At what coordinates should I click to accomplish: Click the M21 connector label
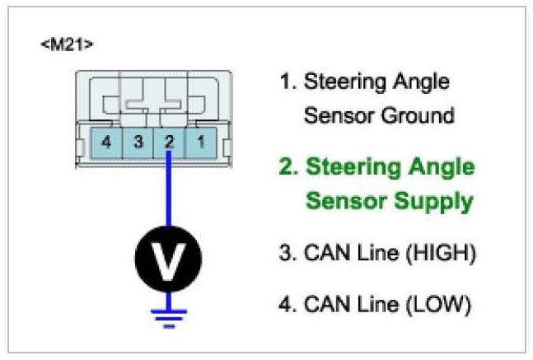67,43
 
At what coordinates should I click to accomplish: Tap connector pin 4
105,142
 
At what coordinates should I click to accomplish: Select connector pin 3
138,142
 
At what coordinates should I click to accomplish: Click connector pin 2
169,142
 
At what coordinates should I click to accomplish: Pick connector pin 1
200,142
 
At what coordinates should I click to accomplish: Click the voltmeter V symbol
168,261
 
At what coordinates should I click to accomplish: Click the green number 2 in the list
287,167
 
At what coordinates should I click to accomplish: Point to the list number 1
285,82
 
